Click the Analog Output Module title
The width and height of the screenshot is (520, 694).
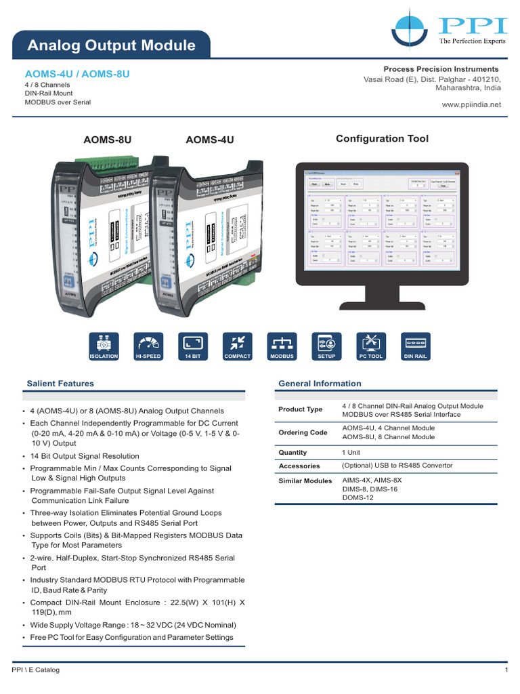(x=111, y=46)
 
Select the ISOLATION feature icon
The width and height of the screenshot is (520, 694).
(x=104, y=346)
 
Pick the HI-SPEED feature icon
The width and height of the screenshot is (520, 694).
(x=148, y=346)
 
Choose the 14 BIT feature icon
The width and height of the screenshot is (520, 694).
(x=193, y=346)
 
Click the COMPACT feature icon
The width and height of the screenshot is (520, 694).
(x=237, y=346)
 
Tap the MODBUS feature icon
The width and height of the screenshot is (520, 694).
(x=282, y=346)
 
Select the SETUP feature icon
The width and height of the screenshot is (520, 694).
(x=326, y=346)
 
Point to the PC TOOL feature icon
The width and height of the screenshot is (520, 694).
(x=371, y=346)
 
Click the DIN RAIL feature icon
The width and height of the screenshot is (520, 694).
(x=415, y=346)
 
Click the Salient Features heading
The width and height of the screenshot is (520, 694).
(x=60, y=384)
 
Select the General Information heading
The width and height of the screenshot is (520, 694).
(x=320, y=384)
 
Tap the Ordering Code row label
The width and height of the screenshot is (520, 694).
(x=303, y=433)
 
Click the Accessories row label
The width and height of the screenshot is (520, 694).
(x=299, y=466)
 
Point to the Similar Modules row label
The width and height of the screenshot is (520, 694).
(x=305, y=481)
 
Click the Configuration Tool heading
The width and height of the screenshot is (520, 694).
(x=382, y=139)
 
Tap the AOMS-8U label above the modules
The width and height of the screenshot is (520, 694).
(x=107, y=140)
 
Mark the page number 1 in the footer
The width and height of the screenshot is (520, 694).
(x=506, y=670)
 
